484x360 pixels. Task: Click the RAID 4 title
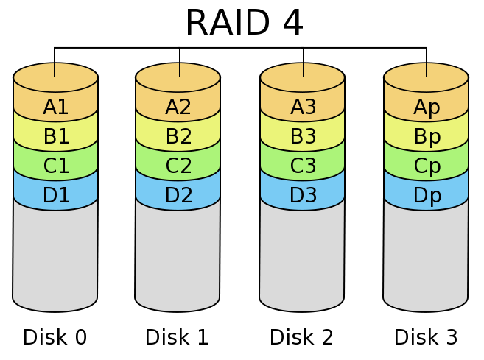[243, 22]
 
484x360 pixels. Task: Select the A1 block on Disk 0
[56, 107]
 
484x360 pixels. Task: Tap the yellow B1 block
[56, 136]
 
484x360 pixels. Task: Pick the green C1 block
[56, 166]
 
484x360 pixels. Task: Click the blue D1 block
[56, 195]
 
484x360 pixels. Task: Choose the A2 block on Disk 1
[178, 107]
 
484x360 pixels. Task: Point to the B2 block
[178, 136]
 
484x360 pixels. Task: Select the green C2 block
[178, 166]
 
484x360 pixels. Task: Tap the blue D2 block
[178, 195]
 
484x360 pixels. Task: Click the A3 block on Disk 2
[303, 107]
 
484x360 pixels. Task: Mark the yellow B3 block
[303, 136]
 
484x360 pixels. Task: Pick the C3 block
[303, 166]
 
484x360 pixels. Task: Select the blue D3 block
[303, 195]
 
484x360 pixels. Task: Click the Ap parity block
[427, 107]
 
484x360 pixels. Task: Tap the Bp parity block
[427, 136]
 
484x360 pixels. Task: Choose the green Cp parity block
[427, 166]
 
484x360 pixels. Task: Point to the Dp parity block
[427, 195]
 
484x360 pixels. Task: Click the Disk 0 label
[55, 337]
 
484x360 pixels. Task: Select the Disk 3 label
[426, 337]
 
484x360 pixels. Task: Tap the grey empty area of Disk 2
[302, 258]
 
